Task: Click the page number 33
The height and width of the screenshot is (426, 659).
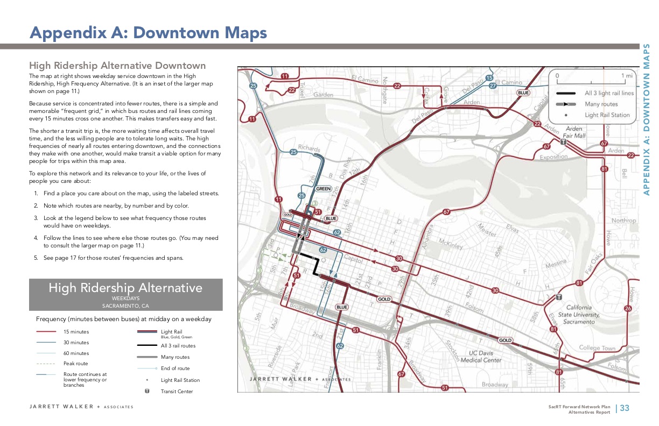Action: (625, 408)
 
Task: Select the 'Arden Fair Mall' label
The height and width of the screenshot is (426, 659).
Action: (574, 132)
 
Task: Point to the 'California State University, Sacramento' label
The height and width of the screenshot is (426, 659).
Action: (578, 314)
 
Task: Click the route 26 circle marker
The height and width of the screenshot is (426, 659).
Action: (628, 308)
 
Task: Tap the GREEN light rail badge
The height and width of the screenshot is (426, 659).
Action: (323, 189)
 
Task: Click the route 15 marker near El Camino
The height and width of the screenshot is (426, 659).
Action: (489, 78)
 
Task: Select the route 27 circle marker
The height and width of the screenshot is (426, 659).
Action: (492, 86)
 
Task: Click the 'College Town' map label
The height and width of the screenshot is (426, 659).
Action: (597, 348)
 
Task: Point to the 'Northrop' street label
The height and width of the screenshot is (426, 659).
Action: (623, 221)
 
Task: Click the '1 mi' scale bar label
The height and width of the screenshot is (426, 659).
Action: (627, 76)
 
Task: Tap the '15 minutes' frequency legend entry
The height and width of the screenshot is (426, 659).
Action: (76, 332)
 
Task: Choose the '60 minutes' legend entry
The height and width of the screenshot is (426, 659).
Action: (76, 353)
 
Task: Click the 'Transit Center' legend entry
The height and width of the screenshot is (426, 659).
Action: (177, 392)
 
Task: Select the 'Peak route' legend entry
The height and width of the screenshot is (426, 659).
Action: (75, 364)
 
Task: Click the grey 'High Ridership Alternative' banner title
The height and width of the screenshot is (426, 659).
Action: (125, 288)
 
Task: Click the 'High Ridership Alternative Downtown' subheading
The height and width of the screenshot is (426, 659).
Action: (117, 66)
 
